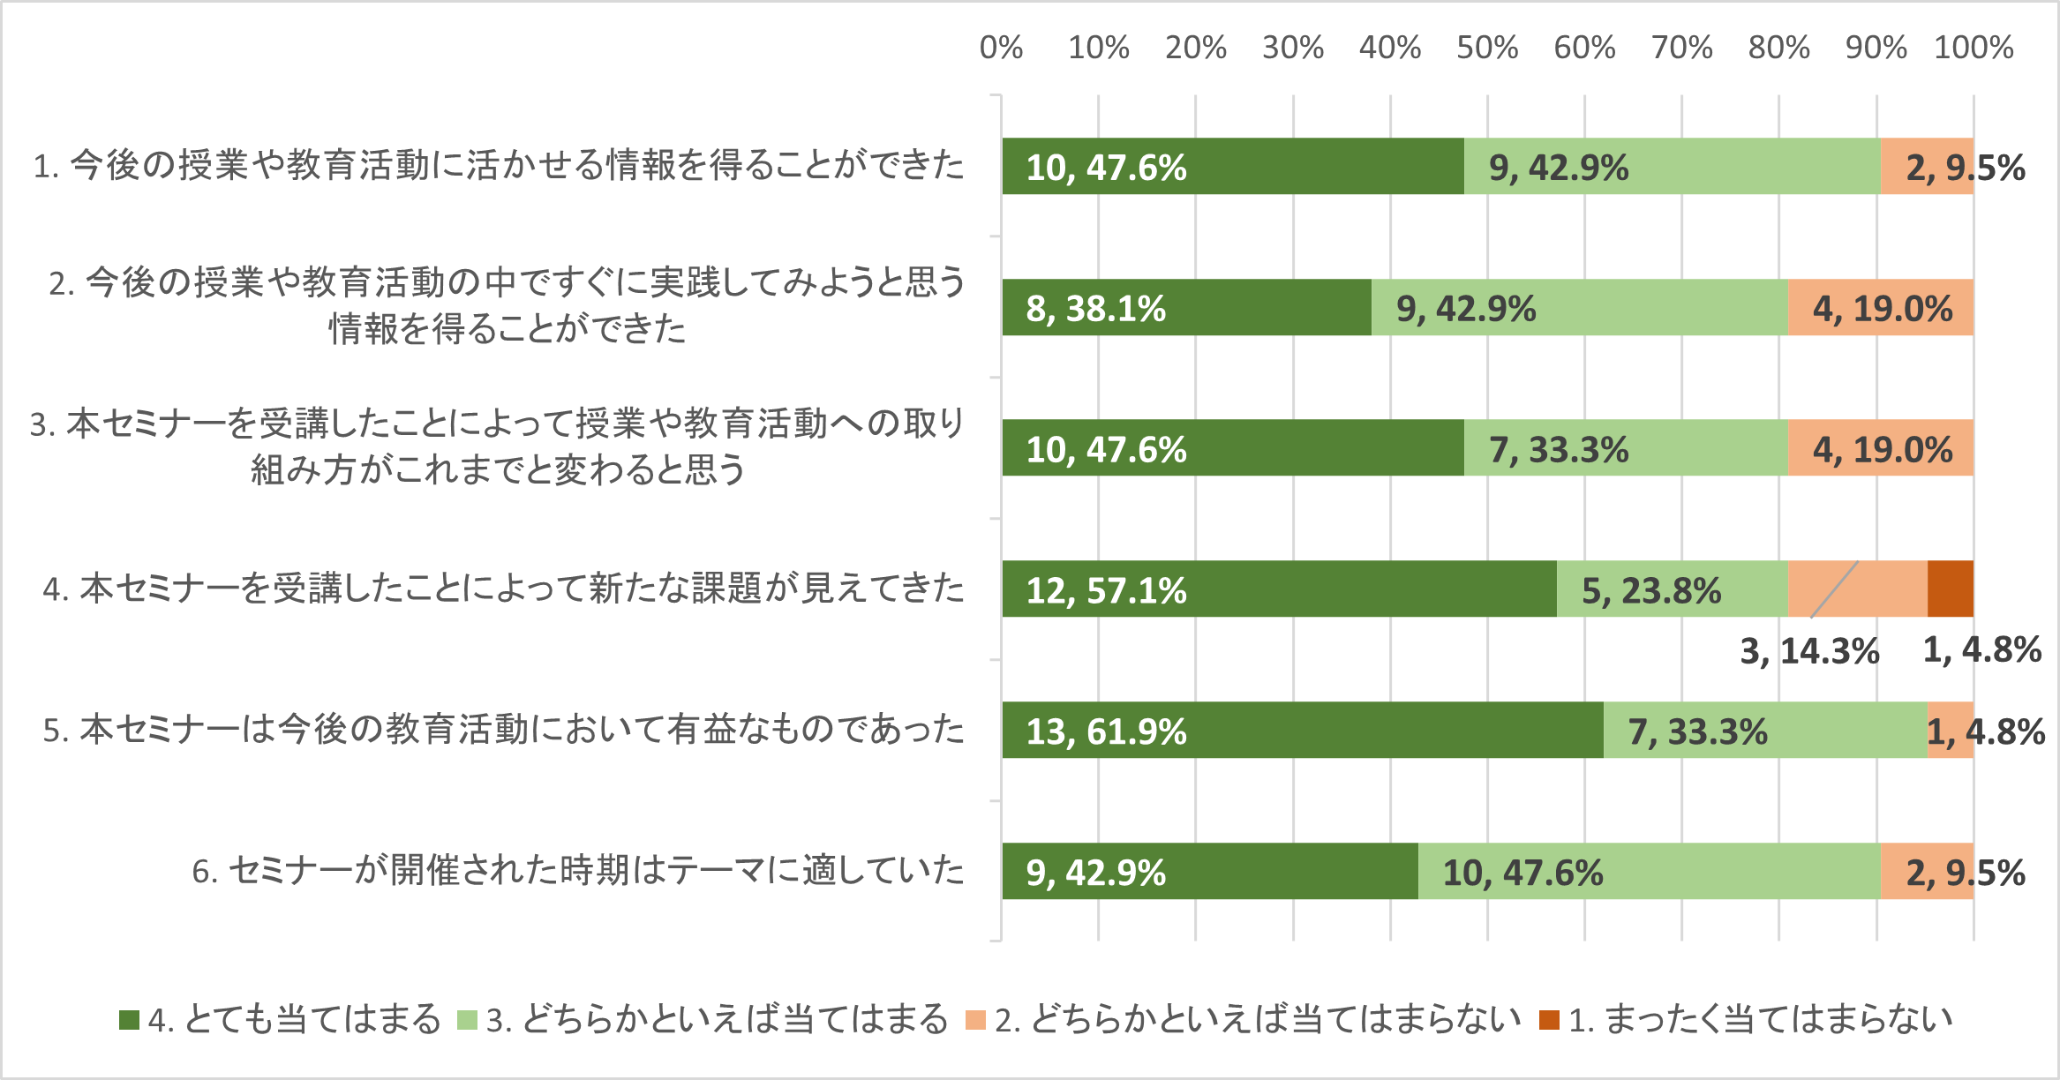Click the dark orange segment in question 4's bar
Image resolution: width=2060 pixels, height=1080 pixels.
pos(1950,589)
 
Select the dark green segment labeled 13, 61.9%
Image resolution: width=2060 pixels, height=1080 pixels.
pos(1302,730)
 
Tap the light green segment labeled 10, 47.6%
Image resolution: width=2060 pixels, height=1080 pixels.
pos(1649,871)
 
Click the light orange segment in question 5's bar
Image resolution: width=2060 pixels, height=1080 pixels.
pos(1950,730)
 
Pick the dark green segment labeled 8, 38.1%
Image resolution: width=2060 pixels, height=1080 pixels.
pos(1186,307)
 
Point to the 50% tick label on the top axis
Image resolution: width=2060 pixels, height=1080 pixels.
pos(1487,48)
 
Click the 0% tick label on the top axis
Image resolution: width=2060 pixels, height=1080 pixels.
pos(1001,48)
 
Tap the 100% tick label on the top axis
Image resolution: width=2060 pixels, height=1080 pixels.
pos(1974,48)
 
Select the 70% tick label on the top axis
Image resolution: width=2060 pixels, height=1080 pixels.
pos(1681,48)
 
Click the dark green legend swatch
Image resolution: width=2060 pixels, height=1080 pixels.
pos(129,1020)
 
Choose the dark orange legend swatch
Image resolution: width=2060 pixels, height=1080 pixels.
pos(1548,1020)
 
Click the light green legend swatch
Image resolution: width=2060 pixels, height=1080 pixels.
pos(467,1020)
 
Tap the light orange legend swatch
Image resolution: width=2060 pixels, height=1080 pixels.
pos(975,1020)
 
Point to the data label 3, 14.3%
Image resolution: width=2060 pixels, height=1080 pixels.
pos(1809,651)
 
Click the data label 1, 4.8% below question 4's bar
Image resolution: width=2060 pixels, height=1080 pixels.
pos(1981,650)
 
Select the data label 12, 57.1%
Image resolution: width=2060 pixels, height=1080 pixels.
pos(1106,590)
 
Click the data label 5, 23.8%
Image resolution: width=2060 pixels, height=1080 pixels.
pos(1650,590)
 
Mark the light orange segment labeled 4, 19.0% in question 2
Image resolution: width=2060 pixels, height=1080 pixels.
pos(1880,307)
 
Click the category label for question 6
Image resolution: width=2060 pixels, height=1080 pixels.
pos(578,871)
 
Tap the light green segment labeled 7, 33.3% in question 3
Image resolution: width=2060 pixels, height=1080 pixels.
pos(1626,448)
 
